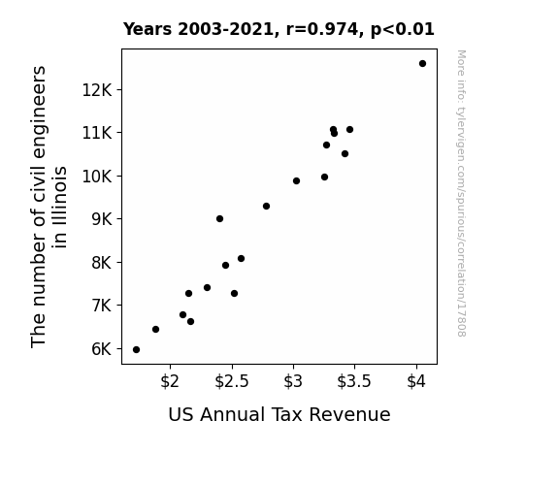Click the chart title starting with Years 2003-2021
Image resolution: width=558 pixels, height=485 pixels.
pos(279,29)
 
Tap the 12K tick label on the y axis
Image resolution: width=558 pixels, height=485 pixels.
pos(97,90)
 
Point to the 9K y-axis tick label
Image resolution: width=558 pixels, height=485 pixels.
pos(102,219)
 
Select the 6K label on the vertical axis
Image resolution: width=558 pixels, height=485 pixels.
pos(102,349)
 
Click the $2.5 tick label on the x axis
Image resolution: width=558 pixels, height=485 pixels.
pos(232,381)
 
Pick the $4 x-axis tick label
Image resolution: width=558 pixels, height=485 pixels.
pos(416,381)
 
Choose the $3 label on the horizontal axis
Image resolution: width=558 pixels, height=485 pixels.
pos(293,381)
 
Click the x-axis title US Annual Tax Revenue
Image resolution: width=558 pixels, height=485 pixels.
pos(279,414)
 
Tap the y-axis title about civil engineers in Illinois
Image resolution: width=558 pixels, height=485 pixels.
pos(49,207)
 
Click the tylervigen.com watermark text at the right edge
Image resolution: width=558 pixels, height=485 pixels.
pos(461,193)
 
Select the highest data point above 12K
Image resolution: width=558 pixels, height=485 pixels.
pos(422,64)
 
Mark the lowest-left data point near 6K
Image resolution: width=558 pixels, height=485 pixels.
pos(136,350)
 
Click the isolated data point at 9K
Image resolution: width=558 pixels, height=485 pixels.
pos(219,219)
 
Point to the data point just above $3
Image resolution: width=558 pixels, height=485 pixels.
pos(296,181)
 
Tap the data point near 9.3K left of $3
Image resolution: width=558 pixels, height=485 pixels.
pos(266,207)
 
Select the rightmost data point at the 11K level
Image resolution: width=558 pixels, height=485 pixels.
pos(349,130)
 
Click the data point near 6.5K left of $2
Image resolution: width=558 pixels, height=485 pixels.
pos(155,330)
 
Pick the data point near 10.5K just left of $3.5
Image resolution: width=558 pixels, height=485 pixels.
pos(345,154)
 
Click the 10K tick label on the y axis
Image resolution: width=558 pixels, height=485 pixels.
pos(97,177)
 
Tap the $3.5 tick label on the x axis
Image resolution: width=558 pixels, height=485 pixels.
pos(354,381)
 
